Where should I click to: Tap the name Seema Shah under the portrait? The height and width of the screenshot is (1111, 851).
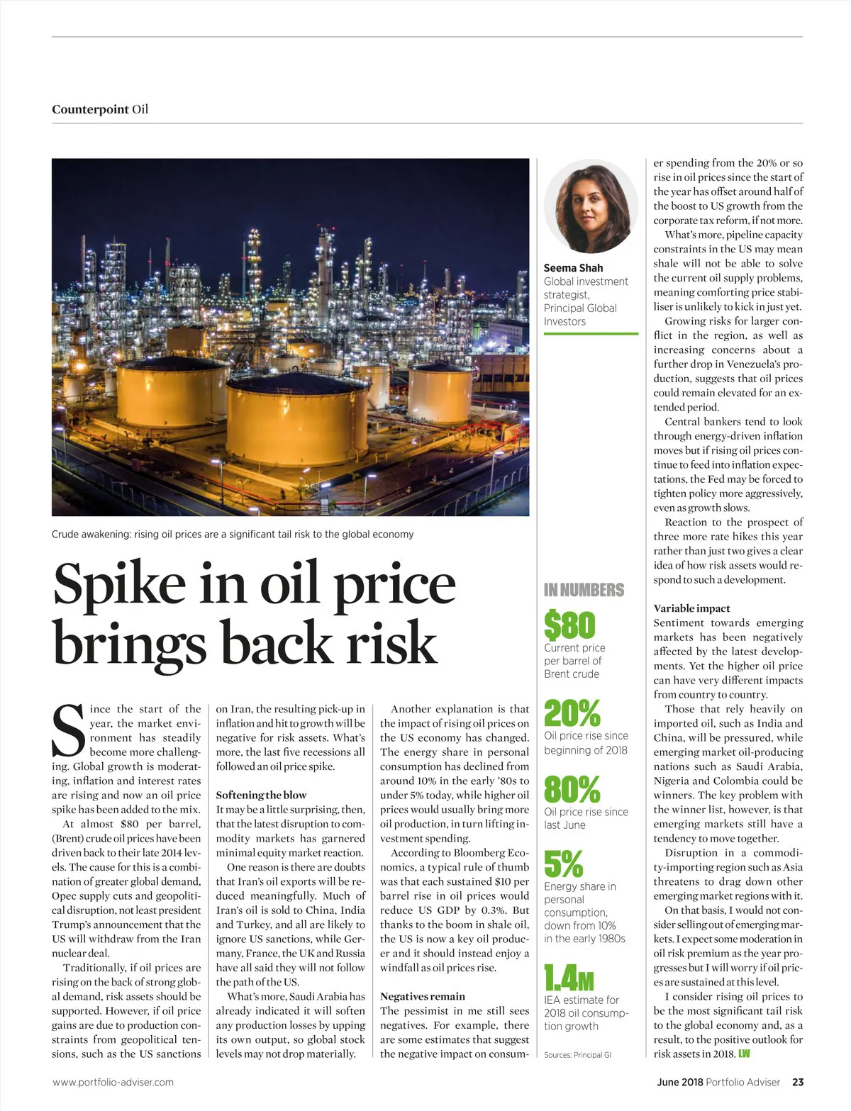[573, 268]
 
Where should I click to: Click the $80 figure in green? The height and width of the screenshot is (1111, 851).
[569, 625]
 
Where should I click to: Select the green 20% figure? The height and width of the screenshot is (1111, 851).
[572, 713]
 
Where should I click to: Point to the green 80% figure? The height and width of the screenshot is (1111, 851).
[572, 789]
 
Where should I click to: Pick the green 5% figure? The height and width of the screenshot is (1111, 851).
[563, 864]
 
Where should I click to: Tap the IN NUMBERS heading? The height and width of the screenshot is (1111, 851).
[584, 590]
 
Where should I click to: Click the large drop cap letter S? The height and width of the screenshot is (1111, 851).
[69, 730]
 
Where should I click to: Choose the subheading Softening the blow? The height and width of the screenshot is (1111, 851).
[261, 795]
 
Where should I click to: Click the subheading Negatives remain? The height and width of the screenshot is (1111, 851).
[423, 996]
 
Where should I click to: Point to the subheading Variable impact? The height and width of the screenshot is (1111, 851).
[691, 608]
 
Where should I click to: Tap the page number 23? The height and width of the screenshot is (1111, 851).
[798, 1082]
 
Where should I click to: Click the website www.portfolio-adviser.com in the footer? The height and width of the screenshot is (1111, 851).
[113, 1082]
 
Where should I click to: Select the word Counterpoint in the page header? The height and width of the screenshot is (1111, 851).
[90, 109]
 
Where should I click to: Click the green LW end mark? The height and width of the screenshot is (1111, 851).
[744, 1054]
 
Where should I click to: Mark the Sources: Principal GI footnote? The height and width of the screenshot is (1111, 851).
[577, 1055]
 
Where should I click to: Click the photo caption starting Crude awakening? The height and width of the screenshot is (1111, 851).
[232, 534]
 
